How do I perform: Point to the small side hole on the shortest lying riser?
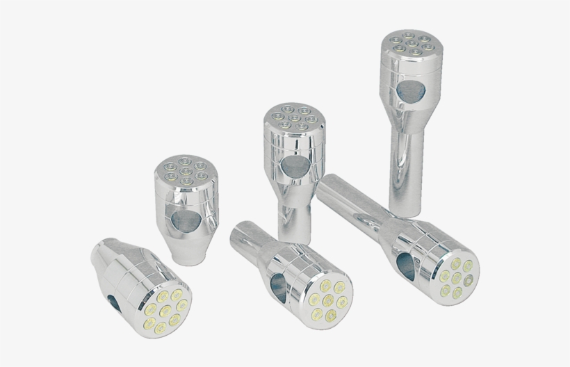111,300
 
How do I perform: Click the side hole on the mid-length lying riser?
277,285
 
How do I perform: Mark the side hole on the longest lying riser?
403,263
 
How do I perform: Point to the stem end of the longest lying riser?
331,186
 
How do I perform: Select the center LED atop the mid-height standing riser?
295,117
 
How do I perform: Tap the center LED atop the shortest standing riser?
184,170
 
